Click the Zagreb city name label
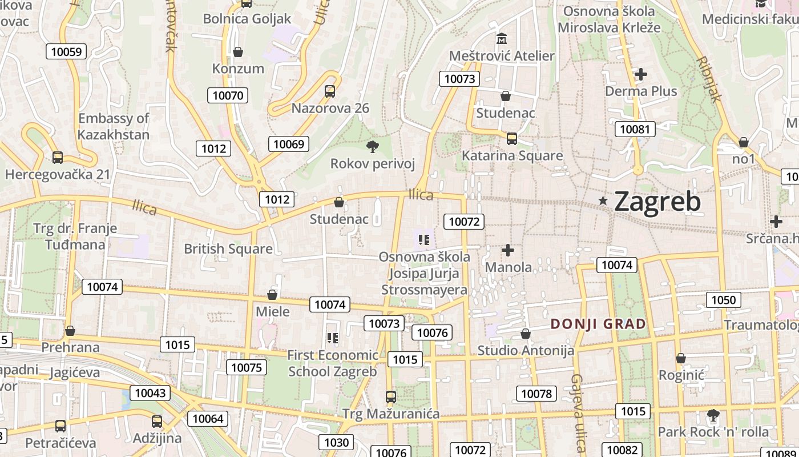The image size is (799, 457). pos(657,202)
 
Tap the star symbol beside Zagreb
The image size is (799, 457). pos(603,201)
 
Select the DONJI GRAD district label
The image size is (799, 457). pos(598,324)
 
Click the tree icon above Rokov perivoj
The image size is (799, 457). pos(373,147)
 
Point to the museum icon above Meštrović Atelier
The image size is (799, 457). pos(502,39)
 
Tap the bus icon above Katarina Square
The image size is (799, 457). pos(512,138)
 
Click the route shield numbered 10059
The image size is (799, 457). pos(66,51)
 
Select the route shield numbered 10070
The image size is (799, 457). pos(228,95)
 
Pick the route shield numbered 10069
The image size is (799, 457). pos(289,144)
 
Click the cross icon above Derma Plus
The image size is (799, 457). pos(641,74)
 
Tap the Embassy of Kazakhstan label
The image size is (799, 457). pos(114,127)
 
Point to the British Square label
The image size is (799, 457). pos(228,249)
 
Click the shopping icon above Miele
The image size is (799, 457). pos(272,295)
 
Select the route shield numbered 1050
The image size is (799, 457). pos(724,300)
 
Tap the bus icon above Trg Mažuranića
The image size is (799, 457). pos(391,396)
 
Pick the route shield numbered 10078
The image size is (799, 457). pos(536,393)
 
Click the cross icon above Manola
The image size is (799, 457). pos(508,250)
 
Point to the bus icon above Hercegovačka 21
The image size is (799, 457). pos(58,158)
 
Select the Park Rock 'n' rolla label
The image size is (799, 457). pos(713,432)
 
